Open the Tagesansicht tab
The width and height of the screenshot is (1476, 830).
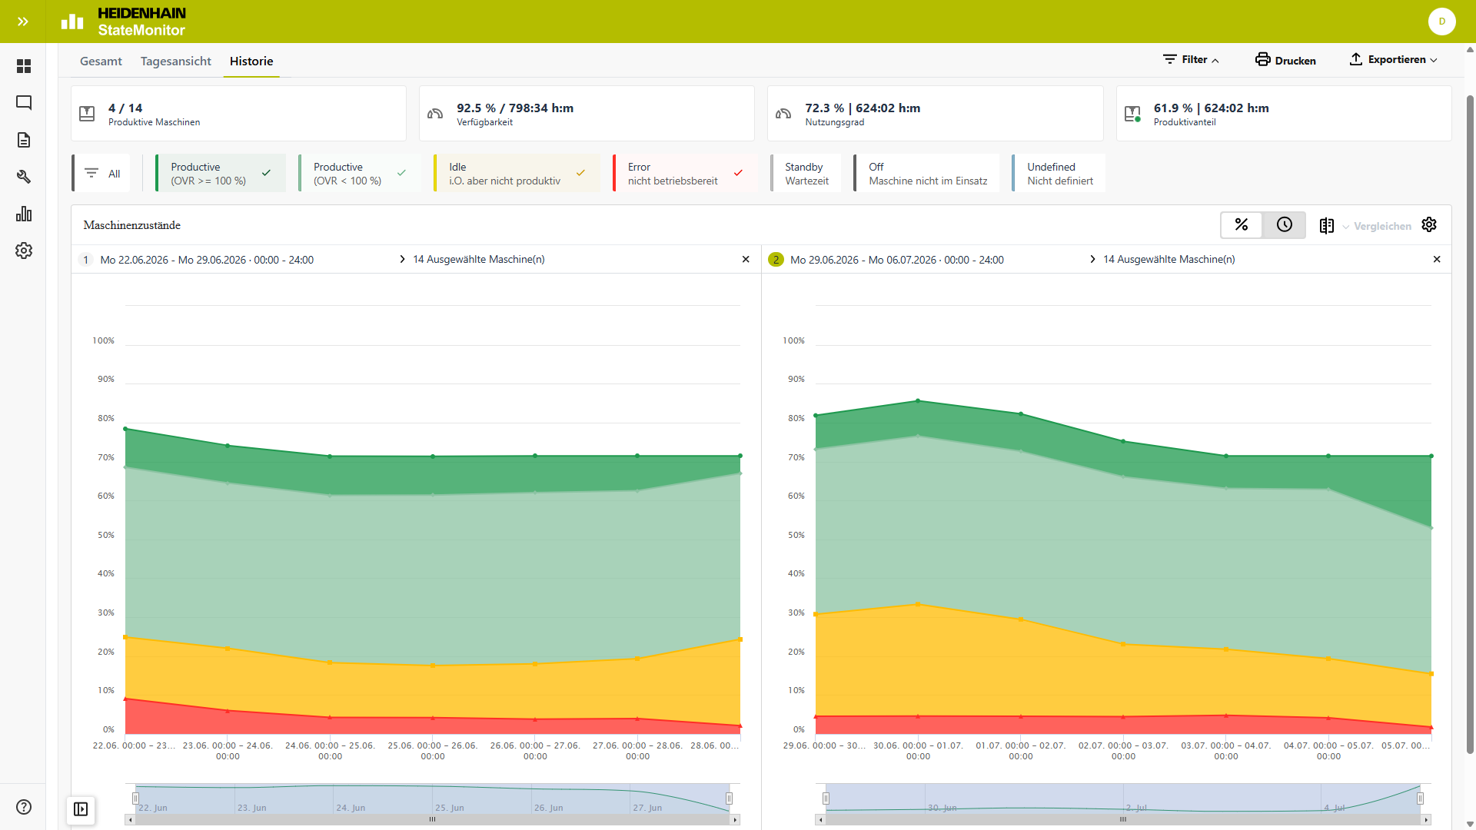click(175, 61)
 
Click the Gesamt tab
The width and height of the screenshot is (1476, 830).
click(101, 61)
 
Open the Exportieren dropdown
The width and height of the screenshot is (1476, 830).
click(1393, 60)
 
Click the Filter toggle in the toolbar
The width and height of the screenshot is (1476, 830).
click(1191, 60)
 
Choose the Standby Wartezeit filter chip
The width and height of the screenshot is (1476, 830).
click(806, 174)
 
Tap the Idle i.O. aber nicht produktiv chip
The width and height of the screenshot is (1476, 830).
click(517, 174)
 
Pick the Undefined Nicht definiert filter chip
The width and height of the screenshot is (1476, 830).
click(1059, 174)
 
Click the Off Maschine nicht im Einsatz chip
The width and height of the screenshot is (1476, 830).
click(926, 174)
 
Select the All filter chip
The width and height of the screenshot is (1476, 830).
click(101, 174)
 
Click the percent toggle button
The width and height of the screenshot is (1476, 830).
click(1242, 224)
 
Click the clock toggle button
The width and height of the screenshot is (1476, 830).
click(1285, 224)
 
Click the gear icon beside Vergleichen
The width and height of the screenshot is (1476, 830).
click(1429, 224)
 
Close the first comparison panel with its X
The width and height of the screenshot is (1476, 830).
click(746, 260)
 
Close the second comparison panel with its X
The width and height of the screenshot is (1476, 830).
click(1437, 260)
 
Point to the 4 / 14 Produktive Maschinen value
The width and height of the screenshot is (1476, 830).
click(125, 108)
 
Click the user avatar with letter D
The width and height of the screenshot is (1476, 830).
click(1442, 22)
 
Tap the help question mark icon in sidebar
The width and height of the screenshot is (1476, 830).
click(24, 807)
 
